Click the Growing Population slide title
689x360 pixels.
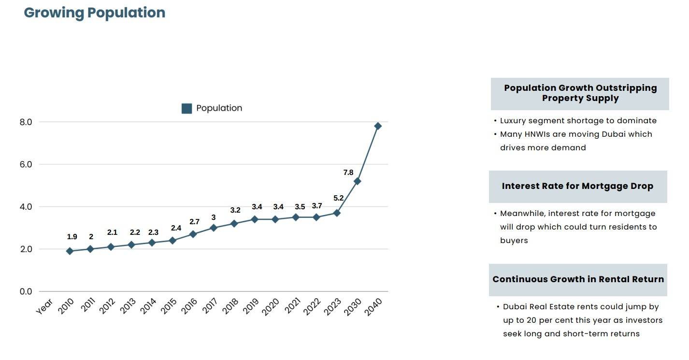[95, 13]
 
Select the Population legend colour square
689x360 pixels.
[187, 108]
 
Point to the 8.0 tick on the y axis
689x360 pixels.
[26, 122]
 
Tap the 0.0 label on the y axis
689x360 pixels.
[26, 291]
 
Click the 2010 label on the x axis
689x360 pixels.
[66, 306]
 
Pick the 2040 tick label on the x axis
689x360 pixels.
[373, 306]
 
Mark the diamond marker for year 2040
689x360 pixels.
[378, 126]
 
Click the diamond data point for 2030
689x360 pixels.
[358, 181]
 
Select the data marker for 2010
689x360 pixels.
[70, 251]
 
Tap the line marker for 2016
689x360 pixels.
[193, 234]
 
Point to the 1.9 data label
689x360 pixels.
[72, 237]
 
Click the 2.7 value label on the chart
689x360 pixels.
[194, 222]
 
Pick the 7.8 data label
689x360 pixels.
[348, 173]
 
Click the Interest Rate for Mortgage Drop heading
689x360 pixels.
[577, 186]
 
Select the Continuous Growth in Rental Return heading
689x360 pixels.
[578, 279]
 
